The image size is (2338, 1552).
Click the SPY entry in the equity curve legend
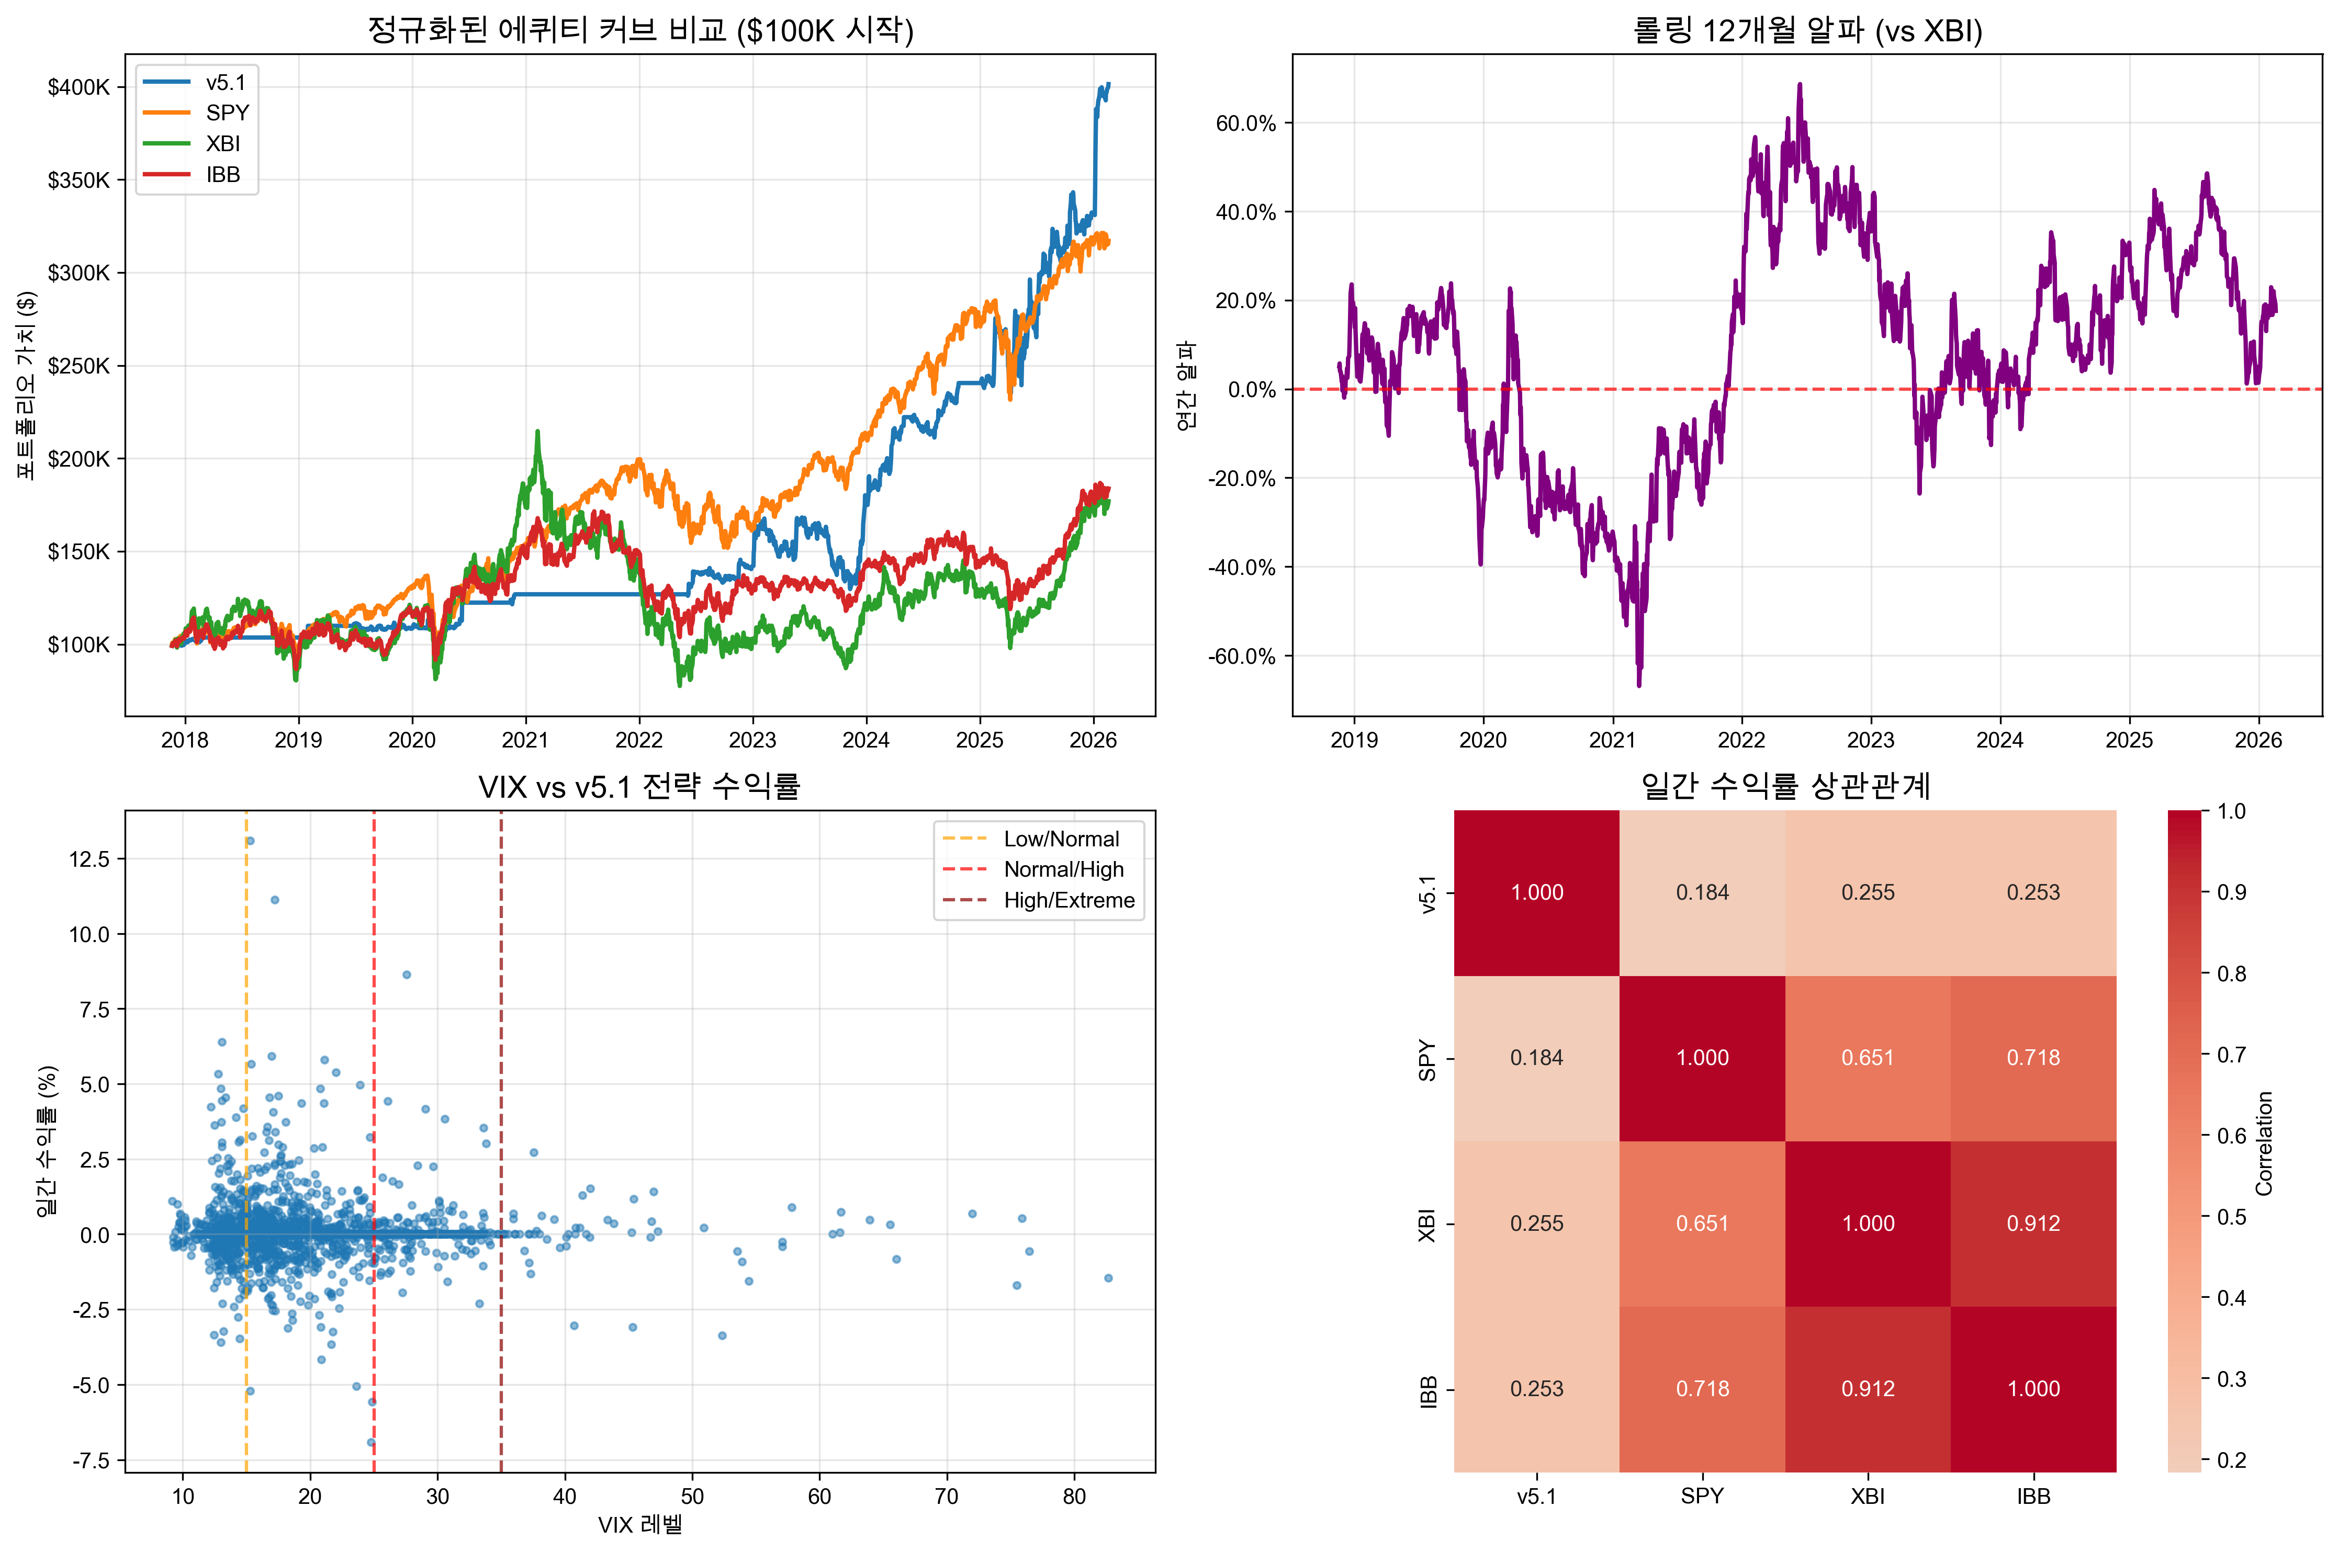tap(227, 113)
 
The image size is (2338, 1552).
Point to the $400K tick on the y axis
tap(79, 87)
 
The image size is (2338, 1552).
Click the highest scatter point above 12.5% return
tap(251, 841)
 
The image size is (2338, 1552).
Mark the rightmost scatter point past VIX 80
tap(1109, 1278)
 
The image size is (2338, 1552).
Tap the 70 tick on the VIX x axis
tap(946, 1497)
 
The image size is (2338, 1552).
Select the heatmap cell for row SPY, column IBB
tap(2033, 1058)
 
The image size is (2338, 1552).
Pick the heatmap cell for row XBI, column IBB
tap(2033, 1224)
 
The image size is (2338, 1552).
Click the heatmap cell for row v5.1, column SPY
tap(1703, 893)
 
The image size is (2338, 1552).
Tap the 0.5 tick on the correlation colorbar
tap(2231, 1217)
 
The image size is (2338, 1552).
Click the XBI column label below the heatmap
tap(1868, 1497)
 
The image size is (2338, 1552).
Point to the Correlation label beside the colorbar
tap(2264, 1143)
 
